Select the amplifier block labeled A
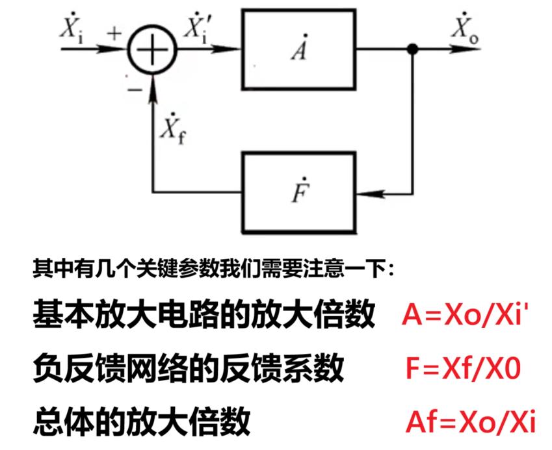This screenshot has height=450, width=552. (x=298, y=49)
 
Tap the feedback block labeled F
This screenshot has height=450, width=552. (x=298, y=192)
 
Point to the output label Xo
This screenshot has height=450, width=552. (x=464, y=30)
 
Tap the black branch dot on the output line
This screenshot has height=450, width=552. (x=412, y=49)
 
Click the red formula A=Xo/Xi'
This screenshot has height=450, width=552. (x=462, y=316)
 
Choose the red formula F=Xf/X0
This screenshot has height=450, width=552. (x=462, y=370)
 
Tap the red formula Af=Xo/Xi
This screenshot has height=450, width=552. (x=470, y=423)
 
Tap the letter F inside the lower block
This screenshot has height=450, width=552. (x=298, y=193)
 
